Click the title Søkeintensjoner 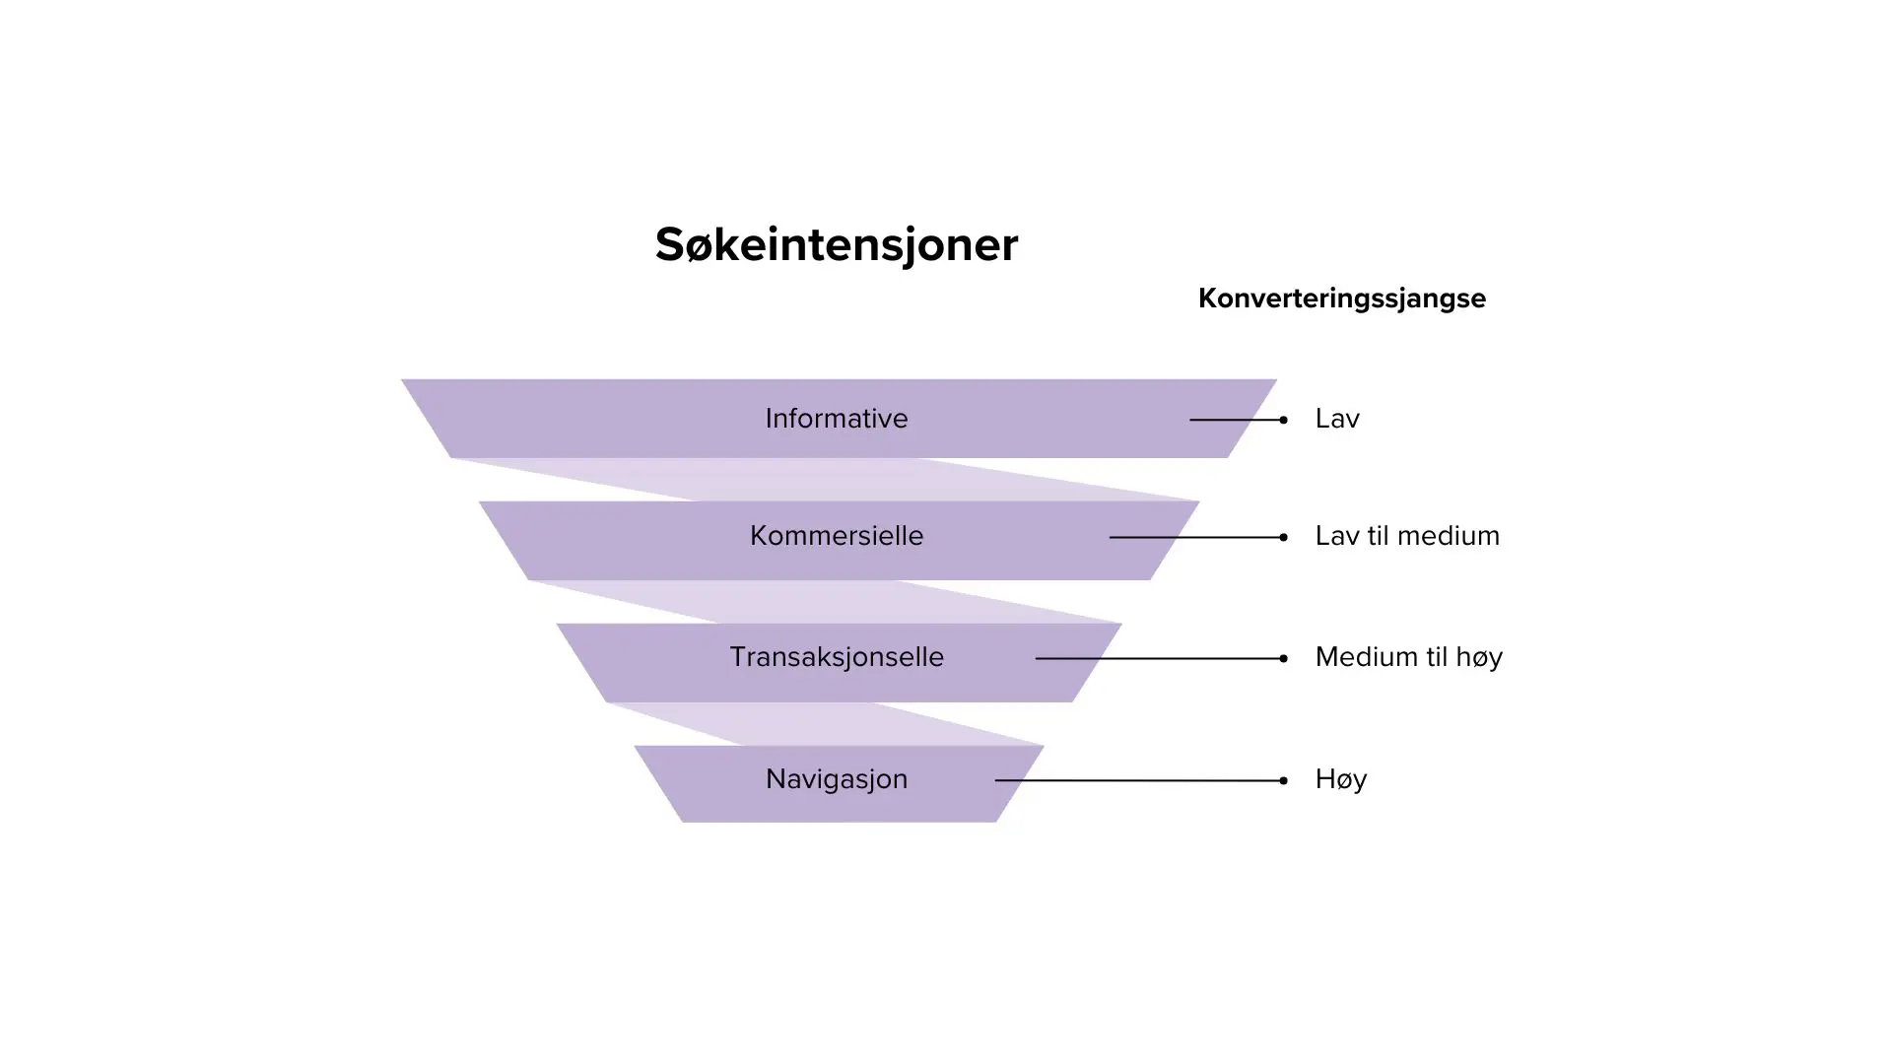click(836, 244)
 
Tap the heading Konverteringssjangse click(1341, 299)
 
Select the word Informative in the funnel click(836, 419)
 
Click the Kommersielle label click(836, 536)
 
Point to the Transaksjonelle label click(836, 657)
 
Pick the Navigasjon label click(836, 779)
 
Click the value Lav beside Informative click(1337, 419)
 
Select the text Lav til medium click(1406, 536)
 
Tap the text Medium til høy click(1408, 657)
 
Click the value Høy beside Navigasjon click(1340, 779)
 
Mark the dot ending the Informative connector click(1283, 420)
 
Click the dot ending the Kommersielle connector click(1283, 537)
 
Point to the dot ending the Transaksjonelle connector click(1283, 658)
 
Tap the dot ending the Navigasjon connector click(1283, 780)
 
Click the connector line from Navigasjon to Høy click(1133, 780)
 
